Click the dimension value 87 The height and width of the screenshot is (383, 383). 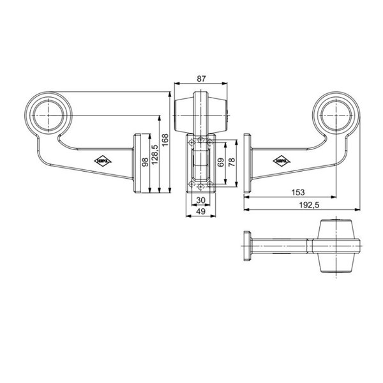(202, 78)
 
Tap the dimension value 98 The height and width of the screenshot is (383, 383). (144, 163)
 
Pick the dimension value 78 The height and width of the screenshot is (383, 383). (232, 162)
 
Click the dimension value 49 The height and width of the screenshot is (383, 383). (201, 211)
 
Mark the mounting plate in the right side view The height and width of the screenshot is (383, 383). (247, 163)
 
